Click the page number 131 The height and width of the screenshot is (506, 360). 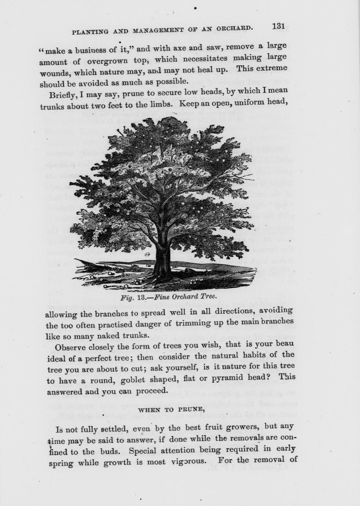279,26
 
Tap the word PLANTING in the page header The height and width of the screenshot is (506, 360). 89,32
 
